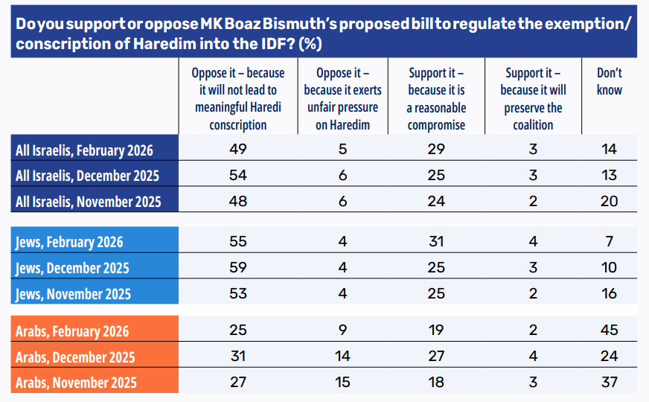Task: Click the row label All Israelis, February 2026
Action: [x=84, y=150]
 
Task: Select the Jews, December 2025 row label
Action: [x=72, y=268]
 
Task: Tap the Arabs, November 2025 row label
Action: [x=76, y=383]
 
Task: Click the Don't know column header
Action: [x=609, y=81]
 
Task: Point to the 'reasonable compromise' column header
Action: [x=437, y=98]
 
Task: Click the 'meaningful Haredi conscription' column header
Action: [x=238, y=98]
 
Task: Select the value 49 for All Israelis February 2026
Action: [x=238, y=150]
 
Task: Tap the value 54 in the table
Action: [x=238, y=176]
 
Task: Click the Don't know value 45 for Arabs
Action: [x=609, y=331]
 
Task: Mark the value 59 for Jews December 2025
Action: [x=238, y=267]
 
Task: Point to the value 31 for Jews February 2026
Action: [x=437, y=242]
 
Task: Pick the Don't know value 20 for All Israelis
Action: [x=609, y=201]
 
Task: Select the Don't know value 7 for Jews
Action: [x=609, y=242]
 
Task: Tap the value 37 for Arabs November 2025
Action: [x=609, y=382]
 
